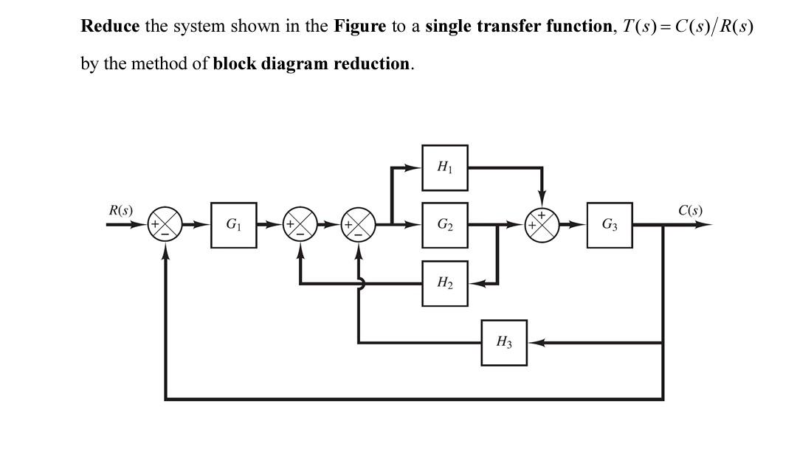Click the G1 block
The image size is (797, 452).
234,225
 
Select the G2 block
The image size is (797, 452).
445,225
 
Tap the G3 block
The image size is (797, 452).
610,225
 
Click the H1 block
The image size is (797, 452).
445,167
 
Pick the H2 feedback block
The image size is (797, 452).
445,283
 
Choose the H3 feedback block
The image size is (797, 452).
504,342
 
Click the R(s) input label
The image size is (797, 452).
121,210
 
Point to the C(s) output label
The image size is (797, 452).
690,210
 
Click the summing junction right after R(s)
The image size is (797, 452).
165,225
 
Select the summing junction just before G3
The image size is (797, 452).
542,225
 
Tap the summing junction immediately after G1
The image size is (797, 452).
300,225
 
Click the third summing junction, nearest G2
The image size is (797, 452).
359,225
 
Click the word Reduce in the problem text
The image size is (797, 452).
110,27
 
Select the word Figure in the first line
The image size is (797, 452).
360,27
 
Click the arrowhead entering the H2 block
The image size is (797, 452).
476,283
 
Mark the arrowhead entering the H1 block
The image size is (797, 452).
414,167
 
